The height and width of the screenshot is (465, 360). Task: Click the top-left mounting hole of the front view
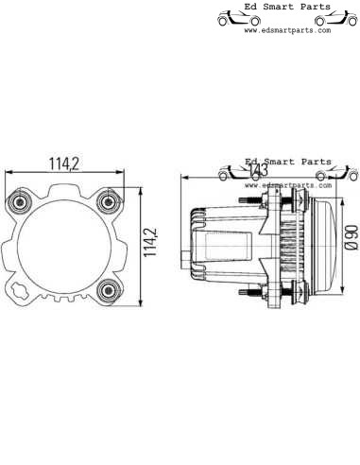pyautogui.click(x=22, y=200)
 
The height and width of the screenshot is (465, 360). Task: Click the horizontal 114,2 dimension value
pyautogui.click(x=65, y=164)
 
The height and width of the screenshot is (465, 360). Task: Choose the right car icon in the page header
pyautogui.click(x=334, y=18)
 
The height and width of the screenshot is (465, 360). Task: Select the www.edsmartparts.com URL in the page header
pyautogui.click(x=287, y=30)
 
